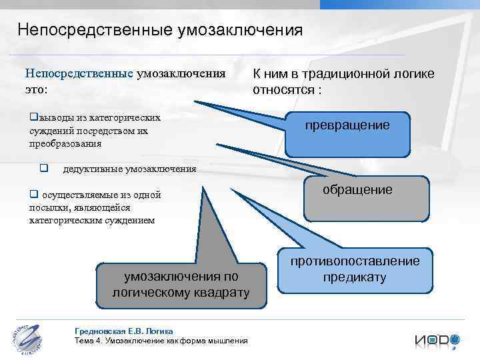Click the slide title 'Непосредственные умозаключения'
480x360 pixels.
click(x=160, y=31)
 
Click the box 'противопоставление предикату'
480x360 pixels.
click(x=354, y=269)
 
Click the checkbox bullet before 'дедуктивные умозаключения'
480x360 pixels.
click(x=43, y=168)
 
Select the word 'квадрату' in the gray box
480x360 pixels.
click(x=219, y=293)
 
